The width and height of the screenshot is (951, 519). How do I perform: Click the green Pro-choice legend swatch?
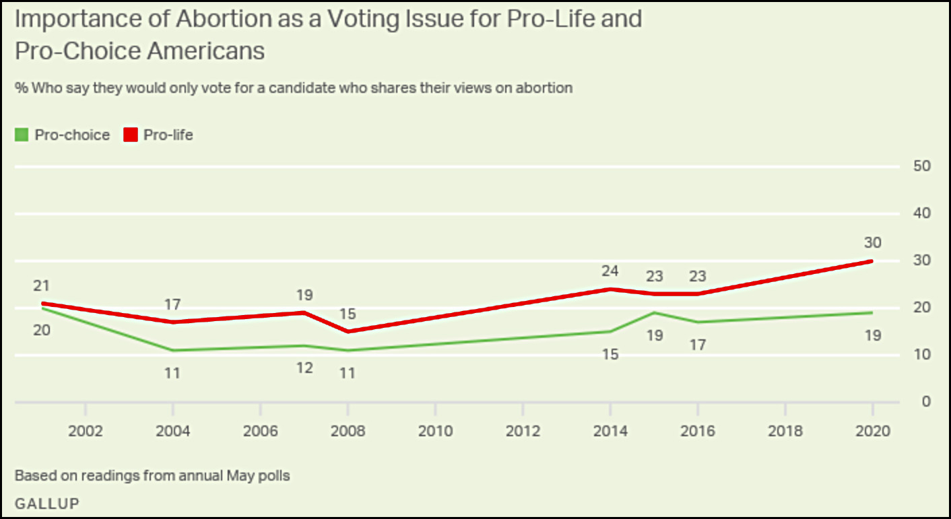point(22,135)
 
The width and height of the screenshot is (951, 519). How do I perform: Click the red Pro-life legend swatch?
point(131,135)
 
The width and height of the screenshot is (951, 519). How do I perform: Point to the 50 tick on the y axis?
point(922,166)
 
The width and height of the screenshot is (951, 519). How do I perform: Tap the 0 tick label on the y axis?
point(926,402)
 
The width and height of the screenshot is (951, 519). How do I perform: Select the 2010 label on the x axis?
point(435,431)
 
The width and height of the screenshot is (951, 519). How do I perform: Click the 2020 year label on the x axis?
point(873,431)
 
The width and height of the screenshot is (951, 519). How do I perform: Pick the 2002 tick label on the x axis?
point(86,431)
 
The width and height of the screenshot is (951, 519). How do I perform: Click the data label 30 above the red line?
point(873,243)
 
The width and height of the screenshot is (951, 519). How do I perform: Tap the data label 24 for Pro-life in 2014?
point(610,272)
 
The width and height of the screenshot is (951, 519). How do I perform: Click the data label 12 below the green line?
point(304,368)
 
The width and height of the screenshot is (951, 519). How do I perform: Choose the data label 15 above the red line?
point(348,314)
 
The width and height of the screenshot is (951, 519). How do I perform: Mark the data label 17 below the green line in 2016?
point(698,345)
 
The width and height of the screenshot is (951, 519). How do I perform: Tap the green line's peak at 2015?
point(653,313)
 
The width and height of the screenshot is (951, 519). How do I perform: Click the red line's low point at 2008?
point(348,331)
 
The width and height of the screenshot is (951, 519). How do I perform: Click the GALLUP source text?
point(47,503)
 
